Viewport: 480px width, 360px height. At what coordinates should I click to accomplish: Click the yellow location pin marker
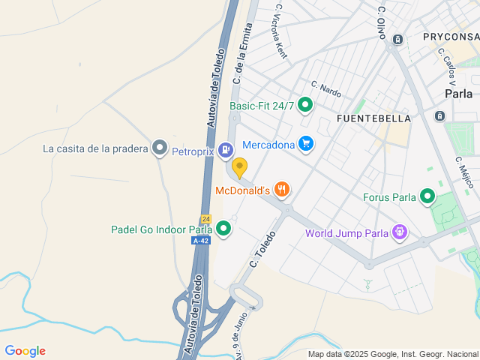[239, 168]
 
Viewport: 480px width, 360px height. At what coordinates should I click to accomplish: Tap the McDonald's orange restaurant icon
[282, 190]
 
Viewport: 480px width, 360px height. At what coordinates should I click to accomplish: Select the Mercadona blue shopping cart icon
[305, 143]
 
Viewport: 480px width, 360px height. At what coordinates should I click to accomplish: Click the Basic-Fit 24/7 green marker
[304, 106]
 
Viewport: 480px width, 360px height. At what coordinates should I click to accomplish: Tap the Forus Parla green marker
[427, 197]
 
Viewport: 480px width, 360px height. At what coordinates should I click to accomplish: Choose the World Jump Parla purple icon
[400, 232]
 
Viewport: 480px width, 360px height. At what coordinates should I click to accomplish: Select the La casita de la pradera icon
[159, 148]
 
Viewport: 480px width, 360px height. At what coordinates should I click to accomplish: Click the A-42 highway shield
[200, 241]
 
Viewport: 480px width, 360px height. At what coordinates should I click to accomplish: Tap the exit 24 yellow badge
[205, 218]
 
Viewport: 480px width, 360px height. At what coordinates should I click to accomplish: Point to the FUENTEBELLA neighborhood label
[373, 118]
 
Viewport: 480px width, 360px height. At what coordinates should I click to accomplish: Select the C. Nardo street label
[326, 90]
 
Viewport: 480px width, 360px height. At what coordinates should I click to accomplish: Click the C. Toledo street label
[264, 250]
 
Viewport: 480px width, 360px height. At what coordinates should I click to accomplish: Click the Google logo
[25, 351]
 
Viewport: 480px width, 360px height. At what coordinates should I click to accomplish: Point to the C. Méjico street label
[464, 172]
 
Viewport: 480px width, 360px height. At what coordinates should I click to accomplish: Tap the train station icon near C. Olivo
[399, 39]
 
